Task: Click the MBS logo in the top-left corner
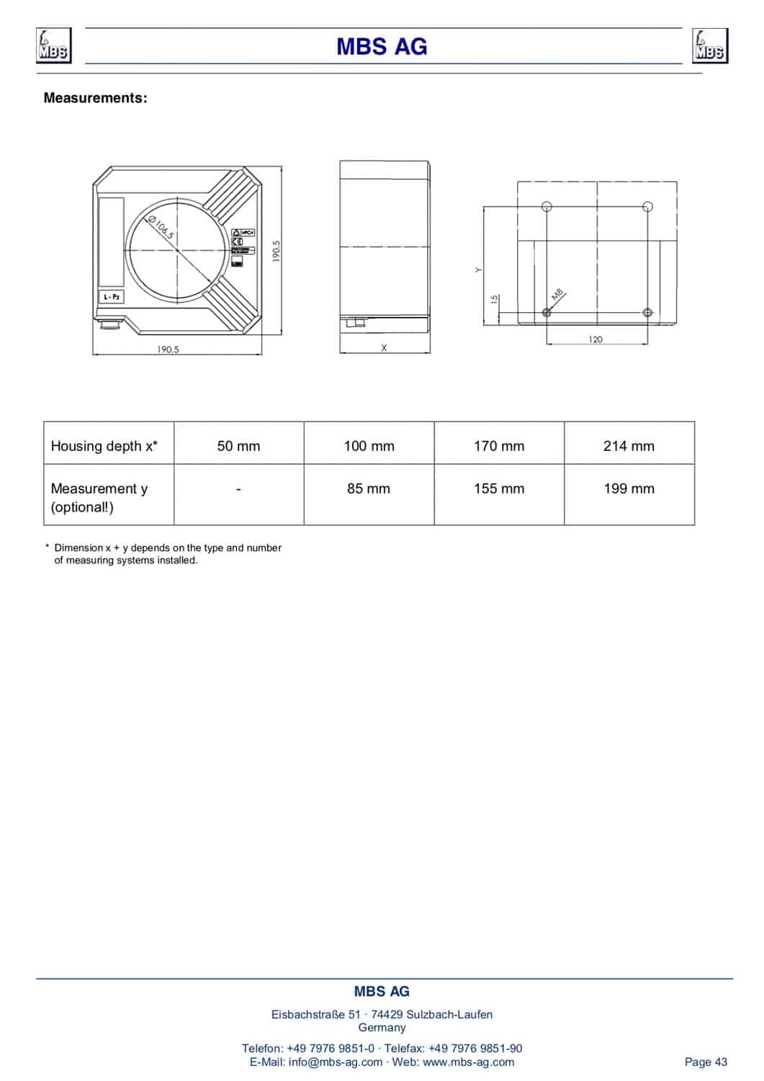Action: (x=53, y=46)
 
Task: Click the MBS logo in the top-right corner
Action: (x=709, y=46)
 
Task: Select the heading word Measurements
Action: (x=95, y=98)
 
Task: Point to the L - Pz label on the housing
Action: (x=112, y=297)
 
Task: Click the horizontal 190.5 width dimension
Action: (x=168, y=350)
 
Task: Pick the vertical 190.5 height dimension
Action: (x=277, y=252)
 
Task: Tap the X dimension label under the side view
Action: (x=384, y=348)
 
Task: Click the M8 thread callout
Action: (x=558, y=295)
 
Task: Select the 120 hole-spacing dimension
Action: (x=596, y=339)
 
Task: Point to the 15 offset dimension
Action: (x=495, y=298)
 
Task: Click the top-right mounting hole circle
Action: (x=647, y=207)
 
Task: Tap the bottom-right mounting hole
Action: (x=647, y=312)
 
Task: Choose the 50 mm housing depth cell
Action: (x=238, y=446)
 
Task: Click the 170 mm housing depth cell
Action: (x=499, y=446)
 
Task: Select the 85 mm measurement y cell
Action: (x=369, y=489)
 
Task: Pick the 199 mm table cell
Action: (x=629, y=489)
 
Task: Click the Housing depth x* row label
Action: (x=104, y=446)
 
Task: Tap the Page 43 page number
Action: (x=706, y=1062)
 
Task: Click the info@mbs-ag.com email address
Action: (x=336, y=1062)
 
